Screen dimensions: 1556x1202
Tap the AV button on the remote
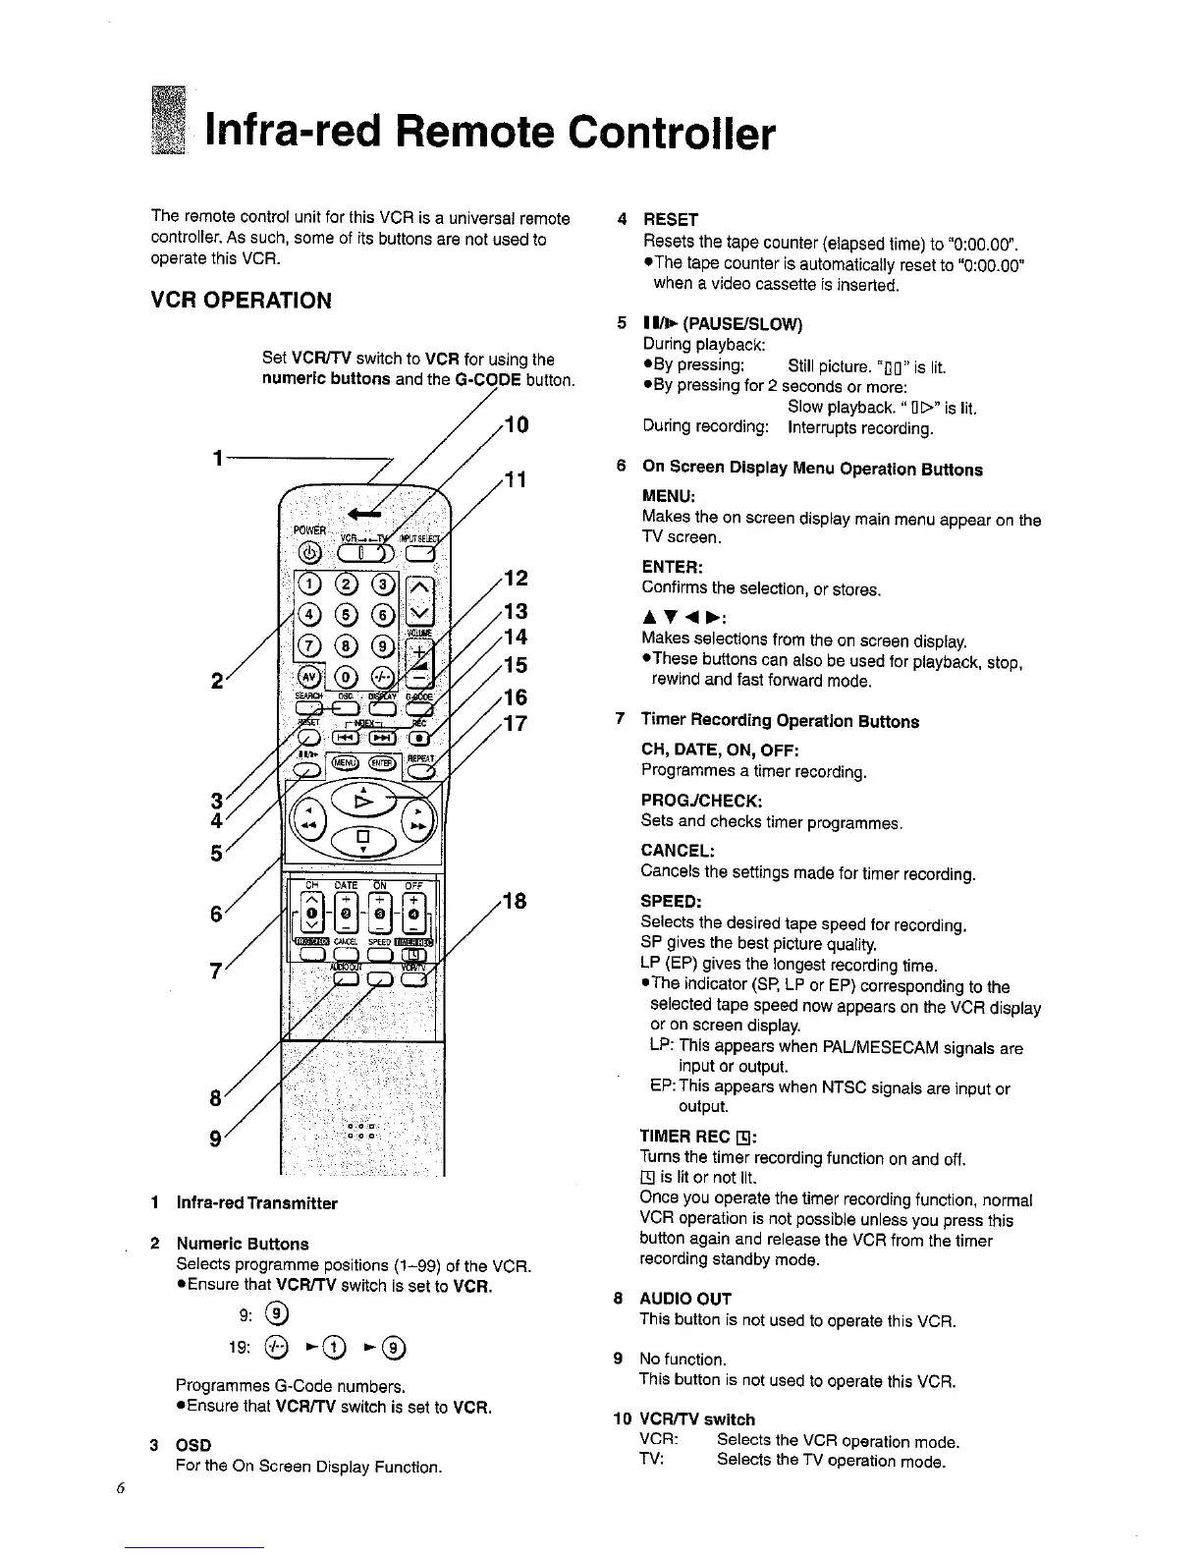point(308,677)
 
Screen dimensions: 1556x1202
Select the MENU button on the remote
point(344,762)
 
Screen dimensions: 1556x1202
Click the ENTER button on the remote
point(381,763)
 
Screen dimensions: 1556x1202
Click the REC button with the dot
point(419,737)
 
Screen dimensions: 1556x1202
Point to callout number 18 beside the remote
point(514,901)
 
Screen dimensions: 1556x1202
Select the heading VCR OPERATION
point(242,301)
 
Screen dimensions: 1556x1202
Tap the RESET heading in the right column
point(670,219)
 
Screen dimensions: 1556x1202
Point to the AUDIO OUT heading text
point(684,1298)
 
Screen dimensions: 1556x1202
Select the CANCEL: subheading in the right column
point(677,850)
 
